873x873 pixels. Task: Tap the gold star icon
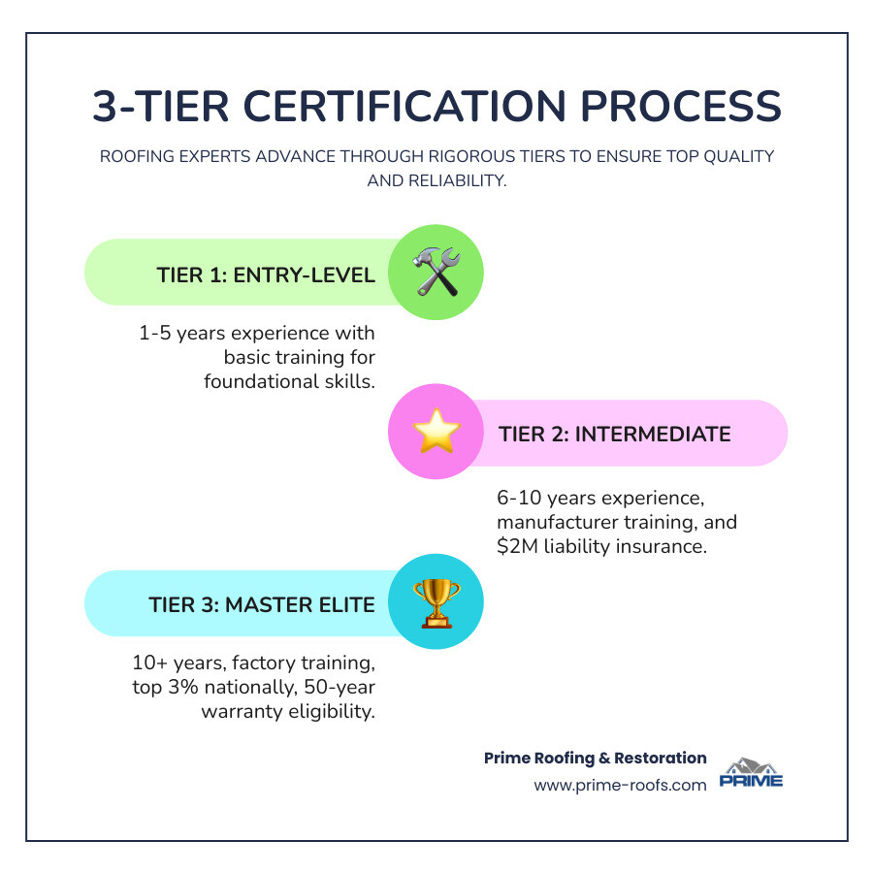436,434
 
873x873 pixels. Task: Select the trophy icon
436,602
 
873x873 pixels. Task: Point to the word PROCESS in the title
683,106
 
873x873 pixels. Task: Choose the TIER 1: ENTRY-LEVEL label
266,275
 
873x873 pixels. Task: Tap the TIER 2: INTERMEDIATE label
615,434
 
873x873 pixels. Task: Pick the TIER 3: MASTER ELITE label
262,604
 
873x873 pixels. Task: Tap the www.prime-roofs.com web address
620,785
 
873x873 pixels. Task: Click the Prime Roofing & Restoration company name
595,758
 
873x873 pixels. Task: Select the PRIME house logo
751,773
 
